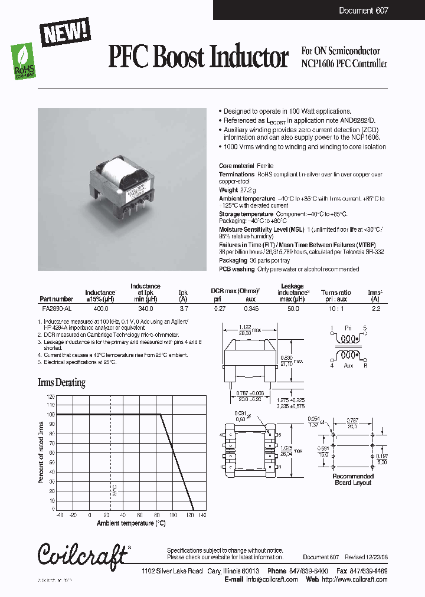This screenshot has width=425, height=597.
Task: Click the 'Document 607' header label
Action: pos(364,11)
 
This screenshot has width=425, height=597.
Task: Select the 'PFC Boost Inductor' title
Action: pos(198,58)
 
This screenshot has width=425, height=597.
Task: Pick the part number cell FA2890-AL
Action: pos(57,308)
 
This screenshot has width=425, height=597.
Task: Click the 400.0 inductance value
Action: pos(100,308)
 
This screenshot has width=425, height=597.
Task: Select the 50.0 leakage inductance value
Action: pos(293,308)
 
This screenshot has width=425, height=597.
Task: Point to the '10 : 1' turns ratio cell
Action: pos(336,308)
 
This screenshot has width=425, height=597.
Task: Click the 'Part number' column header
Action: pos(57,299)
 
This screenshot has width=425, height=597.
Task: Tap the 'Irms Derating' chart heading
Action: pos(61,383)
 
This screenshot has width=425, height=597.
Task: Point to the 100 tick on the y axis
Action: pos(51,415)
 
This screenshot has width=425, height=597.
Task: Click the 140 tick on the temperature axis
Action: pos(202,514)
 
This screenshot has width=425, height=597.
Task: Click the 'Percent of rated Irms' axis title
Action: pos(42,452)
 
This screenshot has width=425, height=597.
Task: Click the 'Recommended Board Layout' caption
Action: pos(353,479)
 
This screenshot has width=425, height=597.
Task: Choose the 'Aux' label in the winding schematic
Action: pos(348,366)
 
